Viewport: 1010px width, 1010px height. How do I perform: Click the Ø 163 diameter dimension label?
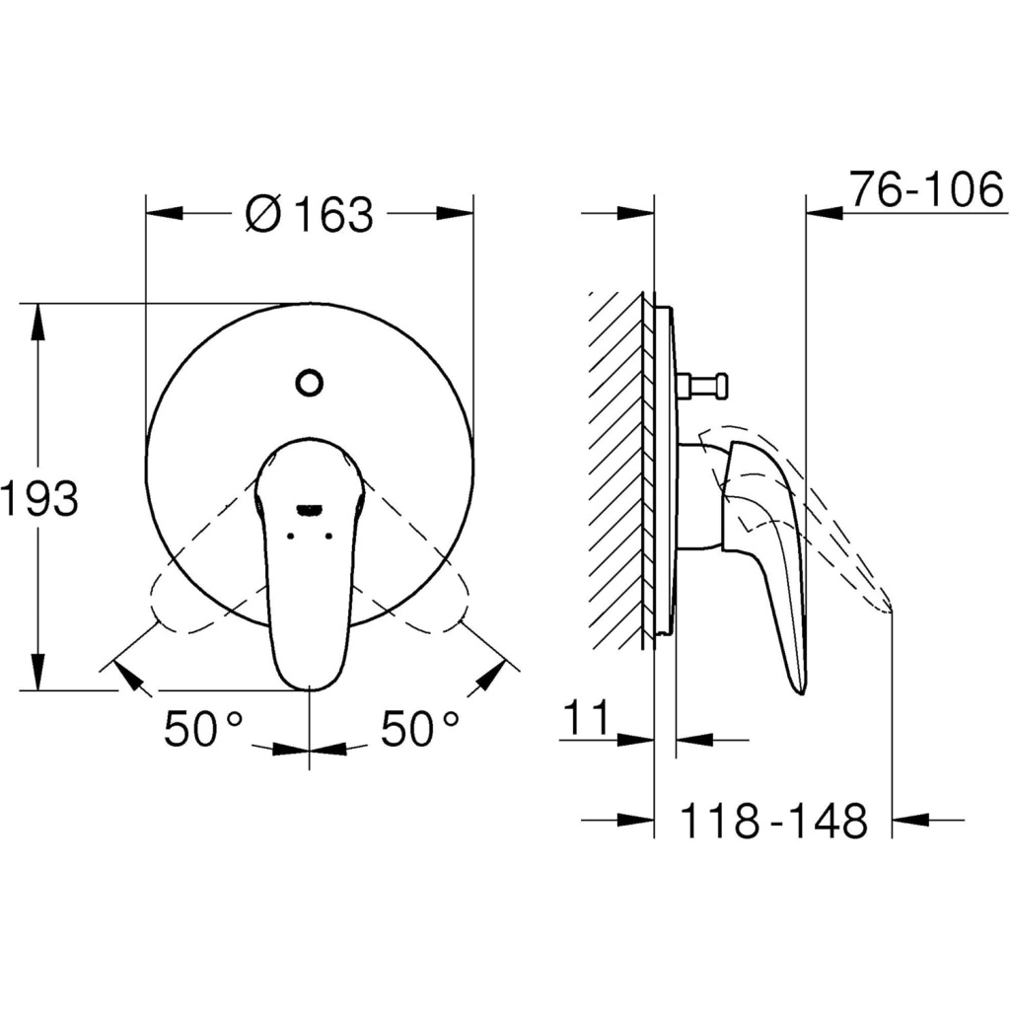[x=309, y=214]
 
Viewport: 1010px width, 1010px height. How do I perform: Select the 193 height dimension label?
[x=39, y=498]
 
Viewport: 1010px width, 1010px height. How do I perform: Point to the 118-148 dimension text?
[x=773, y=820]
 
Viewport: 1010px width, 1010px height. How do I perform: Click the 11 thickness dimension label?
[x=586, y=718]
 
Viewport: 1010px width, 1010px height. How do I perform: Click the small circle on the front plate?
[x=309, y=383]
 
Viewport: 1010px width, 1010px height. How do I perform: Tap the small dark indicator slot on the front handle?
[x=309, y=510]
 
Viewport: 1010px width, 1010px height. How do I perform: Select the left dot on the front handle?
[x=290, y=536]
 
